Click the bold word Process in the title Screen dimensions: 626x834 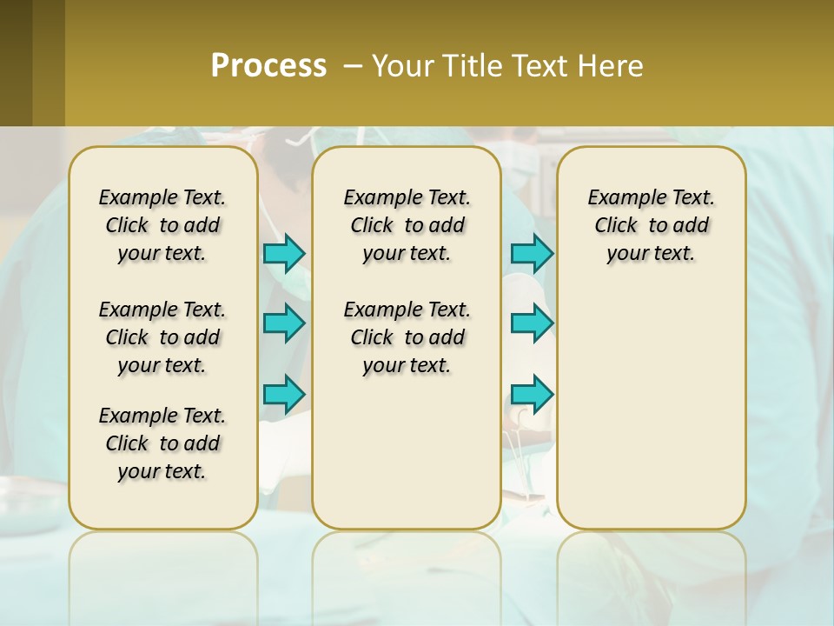[x=268, y=65]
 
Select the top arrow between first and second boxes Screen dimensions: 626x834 [x=284, y=253]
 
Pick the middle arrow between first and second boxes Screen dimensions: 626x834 [x=284, y=323]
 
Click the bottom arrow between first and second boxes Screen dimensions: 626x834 [x=284, y=394]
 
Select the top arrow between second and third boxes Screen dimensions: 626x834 [x=532, y=253]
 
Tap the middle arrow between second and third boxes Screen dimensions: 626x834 [x=532, y=323]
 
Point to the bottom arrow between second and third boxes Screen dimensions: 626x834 [x=532, y=394]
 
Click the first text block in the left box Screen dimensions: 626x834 [x=162, y=225]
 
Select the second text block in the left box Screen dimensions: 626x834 [x=162, y=337]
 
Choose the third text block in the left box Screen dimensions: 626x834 [x=162, y=443]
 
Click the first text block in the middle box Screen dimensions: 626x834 [x=407, y=225]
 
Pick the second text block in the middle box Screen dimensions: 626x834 [x=407, y=337]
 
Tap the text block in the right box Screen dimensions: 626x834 [x=651, y=225]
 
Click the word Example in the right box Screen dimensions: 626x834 [x=620, y=198]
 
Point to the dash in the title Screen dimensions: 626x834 [x=353, y=66]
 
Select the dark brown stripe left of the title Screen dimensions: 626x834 [x=16, y=63]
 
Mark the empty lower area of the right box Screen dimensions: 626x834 [x=651, y=409]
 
